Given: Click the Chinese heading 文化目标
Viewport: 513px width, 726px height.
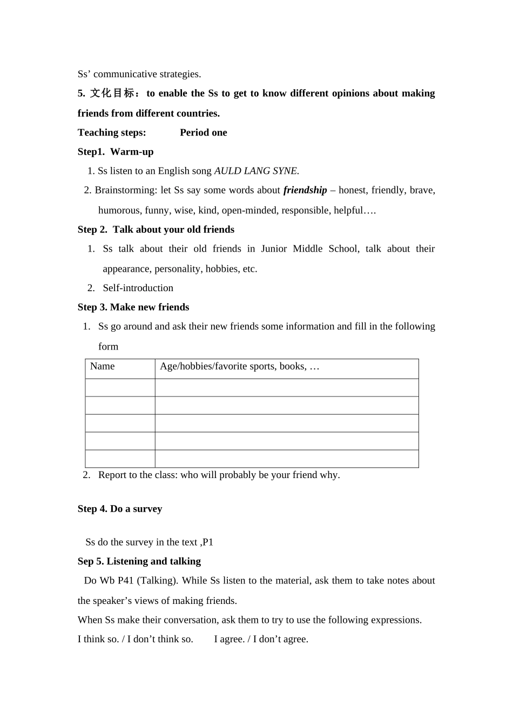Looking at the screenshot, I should [x=112, y=93].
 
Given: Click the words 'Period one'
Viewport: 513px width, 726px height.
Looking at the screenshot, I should [x=203, y=133].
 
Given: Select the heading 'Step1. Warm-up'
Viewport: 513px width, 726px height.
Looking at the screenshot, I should [x=116, y=152].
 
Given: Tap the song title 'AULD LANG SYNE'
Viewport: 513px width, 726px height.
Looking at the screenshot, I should [x=255, y=171].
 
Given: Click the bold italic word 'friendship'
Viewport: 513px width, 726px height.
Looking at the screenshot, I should [x=305, y=190].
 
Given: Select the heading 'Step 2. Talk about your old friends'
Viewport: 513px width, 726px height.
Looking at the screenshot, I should [x=156, y=230].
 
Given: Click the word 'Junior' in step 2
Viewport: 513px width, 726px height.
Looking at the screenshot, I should [x=274, y=249].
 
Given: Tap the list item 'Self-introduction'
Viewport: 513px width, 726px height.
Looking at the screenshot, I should [x=138, y=288].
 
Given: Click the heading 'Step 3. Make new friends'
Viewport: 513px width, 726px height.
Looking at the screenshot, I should [x=133, y=307].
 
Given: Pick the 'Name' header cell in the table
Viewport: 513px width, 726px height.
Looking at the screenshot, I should [x=103, y=367].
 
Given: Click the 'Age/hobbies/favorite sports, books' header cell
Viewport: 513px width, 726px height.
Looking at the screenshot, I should [x=240, y=367].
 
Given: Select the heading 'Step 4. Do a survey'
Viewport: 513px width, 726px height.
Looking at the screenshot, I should [x=120, y=509].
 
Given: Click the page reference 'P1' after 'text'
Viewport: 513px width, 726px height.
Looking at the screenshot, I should [x=208, y=542].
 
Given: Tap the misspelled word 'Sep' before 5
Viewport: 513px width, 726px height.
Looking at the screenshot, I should [x=85, y=562].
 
